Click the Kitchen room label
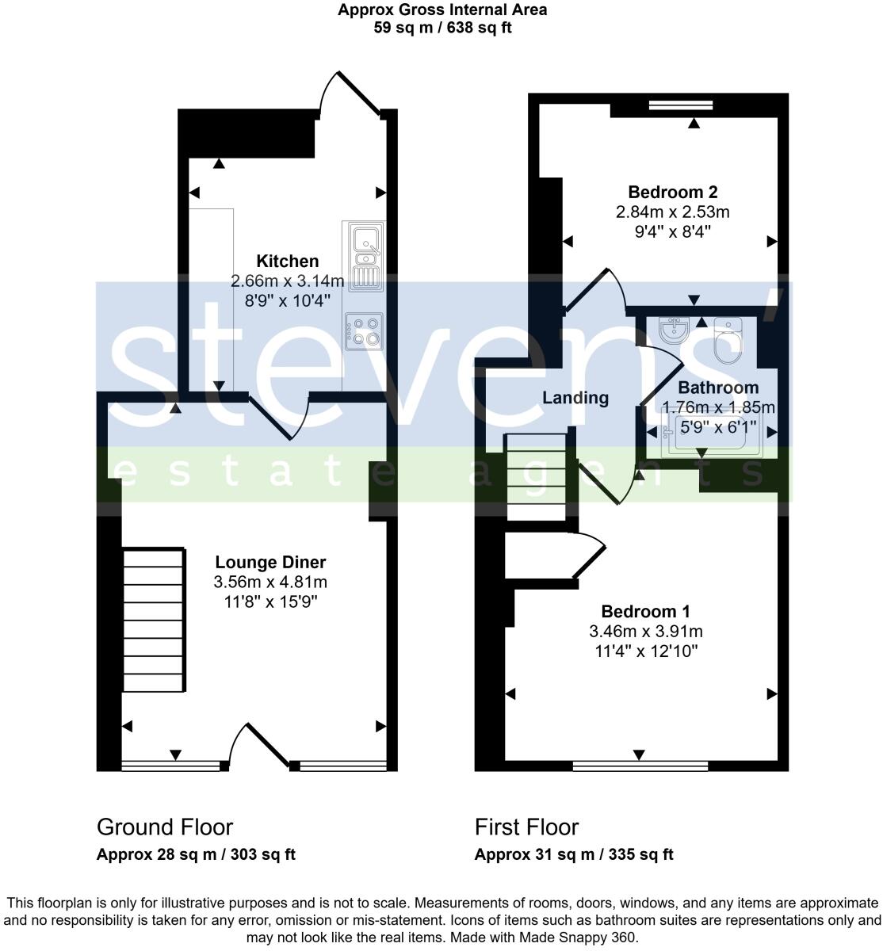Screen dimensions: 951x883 click(287, 261)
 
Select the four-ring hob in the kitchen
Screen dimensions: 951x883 click(364, 331)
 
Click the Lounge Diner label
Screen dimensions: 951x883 click(270, 562)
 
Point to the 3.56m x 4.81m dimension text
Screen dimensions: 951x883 click(270, 582)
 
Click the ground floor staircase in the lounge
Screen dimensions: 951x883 click(154, 620)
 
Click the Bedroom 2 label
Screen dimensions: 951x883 click(672, 192)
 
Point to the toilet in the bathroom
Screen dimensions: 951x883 click(728, 341)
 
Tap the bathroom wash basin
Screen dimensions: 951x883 click(674, 331)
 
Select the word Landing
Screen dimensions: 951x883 click(575, 398)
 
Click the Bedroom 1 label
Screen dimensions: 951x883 click(645, 611)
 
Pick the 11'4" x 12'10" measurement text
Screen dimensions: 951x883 click(645, 652)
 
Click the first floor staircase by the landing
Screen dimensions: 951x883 click(537, 477)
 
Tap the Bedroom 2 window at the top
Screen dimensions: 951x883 click(679, 105)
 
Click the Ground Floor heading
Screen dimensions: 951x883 click(165, 827)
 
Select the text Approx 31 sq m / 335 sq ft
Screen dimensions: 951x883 click(574, 854)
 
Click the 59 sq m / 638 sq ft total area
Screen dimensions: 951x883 click(441, 28)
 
